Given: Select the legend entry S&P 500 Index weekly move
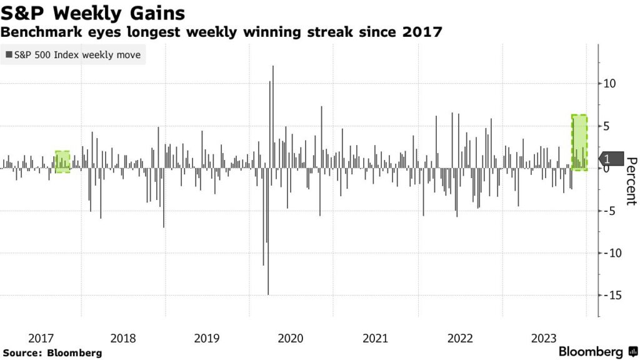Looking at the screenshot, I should pyautogui.click(x=73, y=56).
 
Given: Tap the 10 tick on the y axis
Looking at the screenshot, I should pyautogui.click(x=610, y=84).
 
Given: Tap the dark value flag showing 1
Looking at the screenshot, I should pyautogui.click(x=611, y=159).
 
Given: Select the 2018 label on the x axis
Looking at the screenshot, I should pyautogui.click(x=122, y=338).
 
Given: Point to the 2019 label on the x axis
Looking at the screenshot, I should pyautogui.click(x=206, y=338).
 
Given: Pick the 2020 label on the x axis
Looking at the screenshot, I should pyautogui.click(x=290, y=338).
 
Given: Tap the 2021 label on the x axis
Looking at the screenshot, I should pyautogui.click(x=374, y=338).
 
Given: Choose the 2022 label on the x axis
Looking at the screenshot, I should pyautogui.click(x=459, y=338).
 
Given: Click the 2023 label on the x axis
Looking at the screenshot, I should pyautogui.click(x=544, y=338).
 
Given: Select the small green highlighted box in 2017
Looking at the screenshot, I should pyautogui.click(x=62, y=161).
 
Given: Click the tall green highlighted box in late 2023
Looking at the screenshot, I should pyautogui.click(x=579, y=142).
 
